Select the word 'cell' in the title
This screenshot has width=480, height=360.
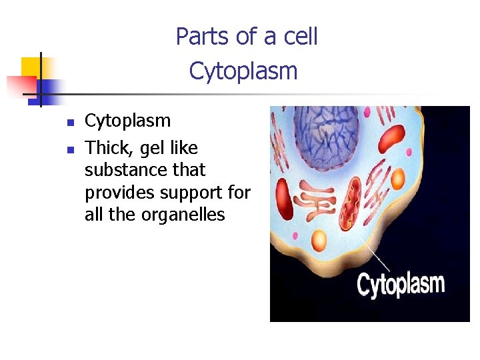click(x=301, y=37)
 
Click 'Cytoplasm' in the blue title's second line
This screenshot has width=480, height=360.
click(x=243, y=71)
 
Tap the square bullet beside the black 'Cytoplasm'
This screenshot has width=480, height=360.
click(x=69, y=123)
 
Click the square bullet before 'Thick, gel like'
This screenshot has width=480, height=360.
click(x=69, y=149)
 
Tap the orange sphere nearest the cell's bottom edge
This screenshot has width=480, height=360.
click(x=319, y=240)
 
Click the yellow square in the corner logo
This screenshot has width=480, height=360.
click(x=31, y=67)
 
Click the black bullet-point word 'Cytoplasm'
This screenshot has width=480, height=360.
click(x=127, y=121)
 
